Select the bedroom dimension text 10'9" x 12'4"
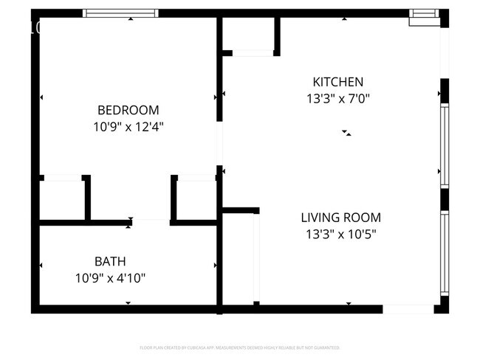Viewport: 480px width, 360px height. click(128, 126)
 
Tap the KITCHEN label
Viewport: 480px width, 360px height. click(337, 82)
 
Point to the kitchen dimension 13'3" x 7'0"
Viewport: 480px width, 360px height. click(337, 98)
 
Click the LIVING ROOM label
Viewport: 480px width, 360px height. click(340, 218)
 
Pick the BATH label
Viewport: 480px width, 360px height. click(110, 261)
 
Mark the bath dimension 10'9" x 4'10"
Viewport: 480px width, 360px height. click(110, 278)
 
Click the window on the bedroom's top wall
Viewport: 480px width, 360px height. click(120, 13)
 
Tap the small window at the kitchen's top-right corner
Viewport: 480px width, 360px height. click(424, 15)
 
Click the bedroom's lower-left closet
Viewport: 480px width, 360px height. click(62, 198)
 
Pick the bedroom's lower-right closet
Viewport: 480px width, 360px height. click(196, 198)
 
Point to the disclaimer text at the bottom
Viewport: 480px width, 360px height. click(239, 347)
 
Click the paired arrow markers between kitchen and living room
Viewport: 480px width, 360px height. click(346, 133)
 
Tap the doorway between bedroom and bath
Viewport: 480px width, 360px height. click(151, 221)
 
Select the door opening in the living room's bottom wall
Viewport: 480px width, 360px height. click(408, 308)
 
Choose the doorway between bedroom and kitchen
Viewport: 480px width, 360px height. click(219, 143)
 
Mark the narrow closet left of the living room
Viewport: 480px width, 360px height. click(239, 258)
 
